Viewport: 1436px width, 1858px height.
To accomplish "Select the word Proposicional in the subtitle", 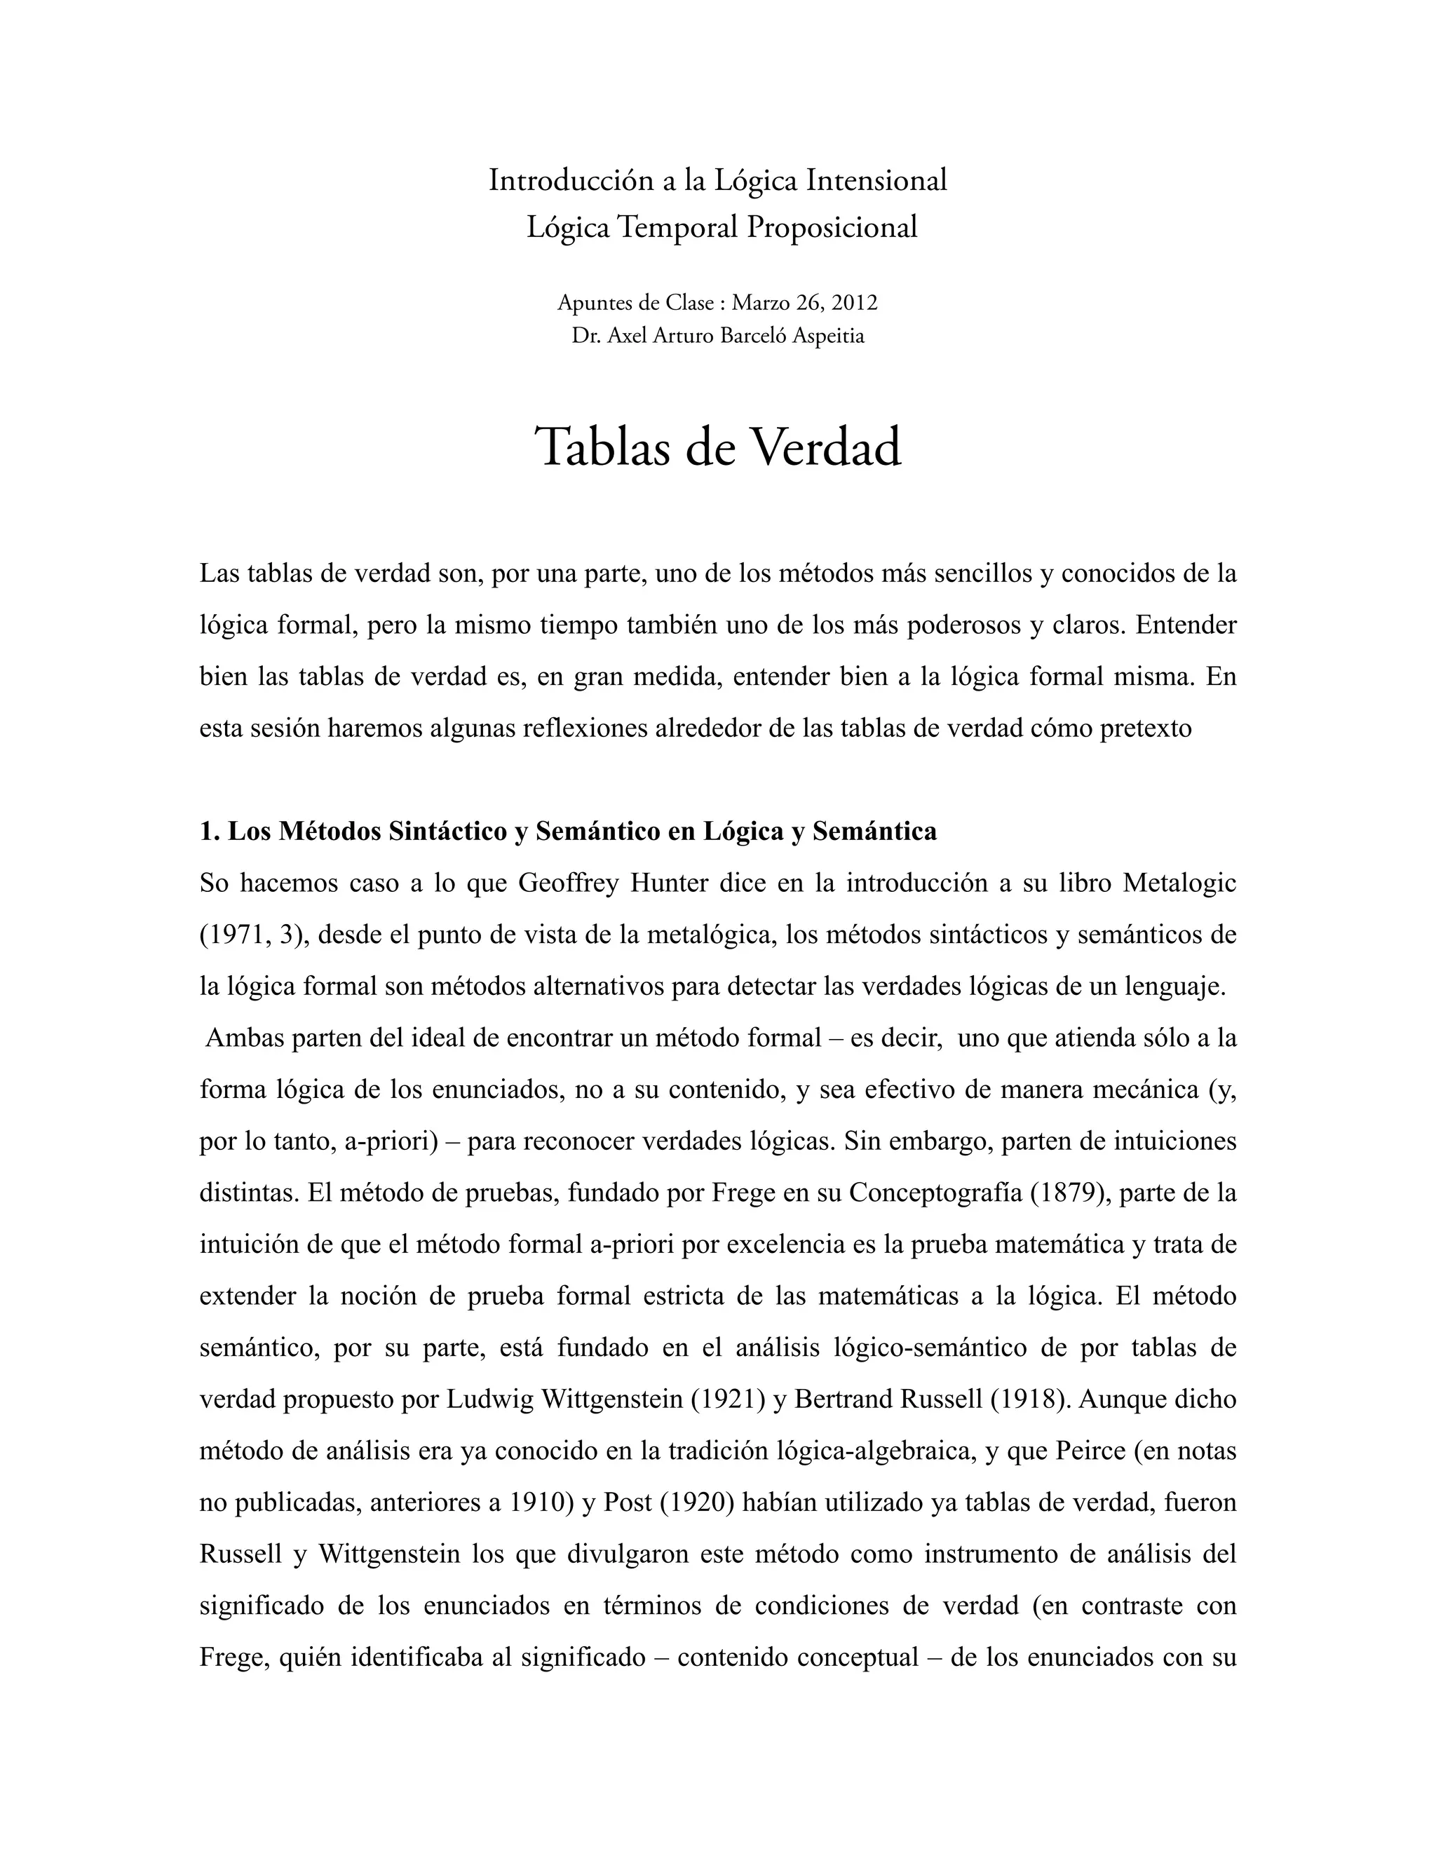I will (832, 227).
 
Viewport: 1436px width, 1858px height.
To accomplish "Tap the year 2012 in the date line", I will (854, 303).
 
